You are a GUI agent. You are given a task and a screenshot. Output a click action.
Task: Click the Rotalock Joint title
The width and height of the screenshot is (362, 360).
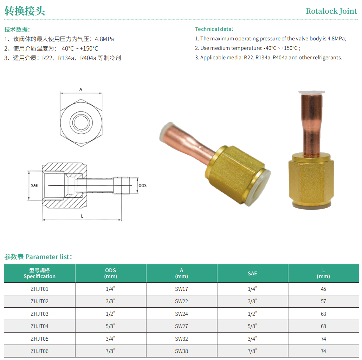(x=331, y=11)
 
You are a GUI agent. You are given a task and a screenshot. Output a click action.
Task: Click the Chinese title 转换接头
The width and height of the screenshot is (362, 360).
(x=25, y=11)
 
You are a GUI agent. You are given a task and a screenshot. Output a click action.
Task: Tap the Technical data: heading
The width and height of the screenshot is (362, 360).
(x=214, y=29)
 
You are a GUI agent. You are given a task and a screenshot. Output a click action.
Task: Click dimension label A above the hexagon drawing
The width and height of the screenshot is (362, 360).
(x=81, y=89)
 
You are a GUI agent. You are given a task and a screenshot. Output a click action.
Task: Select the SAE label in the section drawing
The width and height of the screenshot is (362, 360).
(x=34, y=185)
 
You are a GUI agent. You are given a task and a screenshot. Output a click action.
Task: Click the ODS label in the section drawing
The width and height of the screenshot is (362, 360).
(x=142, y=185)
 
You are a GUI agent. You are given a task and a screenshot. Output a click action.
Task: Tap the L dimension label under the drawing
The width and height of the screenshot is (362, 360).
(x=82, y=216)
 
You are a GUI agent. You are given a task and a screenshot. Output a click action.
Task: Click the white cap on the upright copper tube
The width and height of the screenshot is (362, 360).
(x=311, y=92)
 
